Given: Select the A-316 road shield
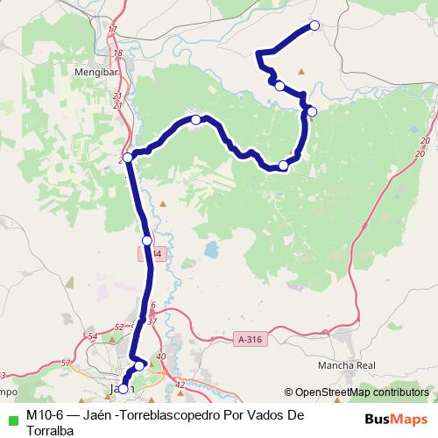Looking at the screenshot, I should (250, 338).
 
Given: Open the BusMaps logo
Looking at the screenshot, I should (398, 419).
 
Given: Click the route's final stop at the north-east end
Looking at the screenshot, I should (314, 25).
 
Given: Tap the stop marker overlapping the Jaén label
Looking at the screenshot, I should (123, 389).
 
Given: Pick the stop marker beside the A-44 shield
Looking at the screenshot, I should (147, 240).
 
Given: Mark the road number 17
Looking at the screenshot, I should (112, 31).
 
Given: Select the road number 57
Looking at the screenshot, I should (66, 362).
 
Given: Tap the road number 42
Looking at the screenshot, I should (180, 384).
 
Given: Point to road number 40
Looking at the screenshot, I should (160, 357).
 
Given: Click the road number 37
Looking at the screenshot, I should (152, 321).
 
